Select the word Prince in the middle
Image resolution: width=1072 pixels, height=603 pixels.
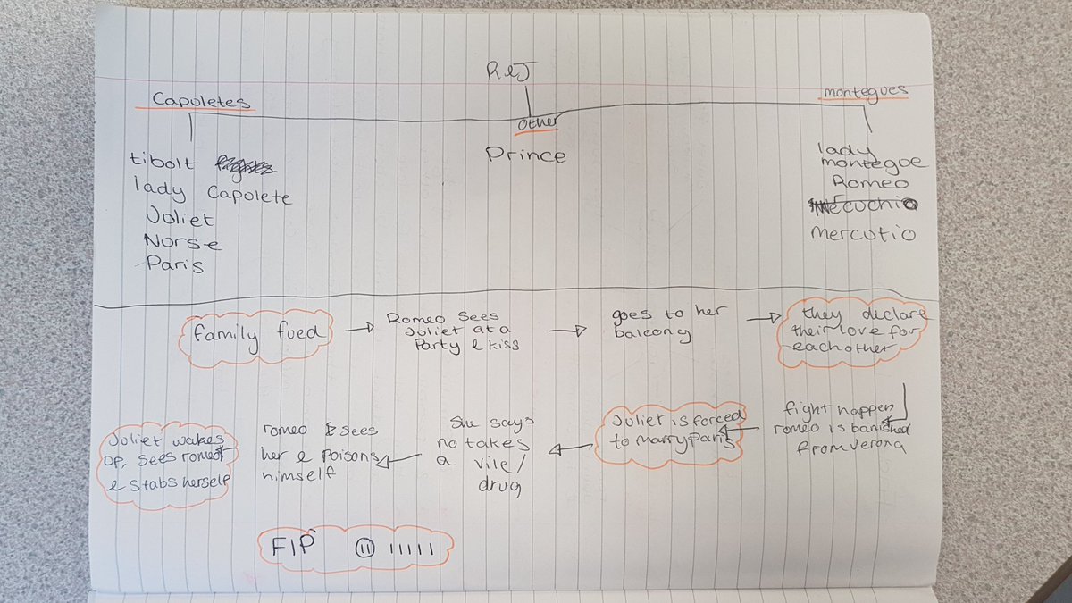coord(525,155)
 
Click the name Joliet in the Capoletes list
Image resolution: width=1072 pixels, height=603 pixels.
coord(180,217)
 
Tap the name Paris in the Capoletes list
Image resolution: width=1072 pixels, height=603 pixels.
coord(174,264)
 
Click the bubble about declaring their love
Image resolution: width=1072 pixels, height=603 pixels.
coord(853,330)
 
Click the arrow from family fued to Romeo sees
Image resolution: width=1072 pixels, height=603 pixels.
coord(358,330)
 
